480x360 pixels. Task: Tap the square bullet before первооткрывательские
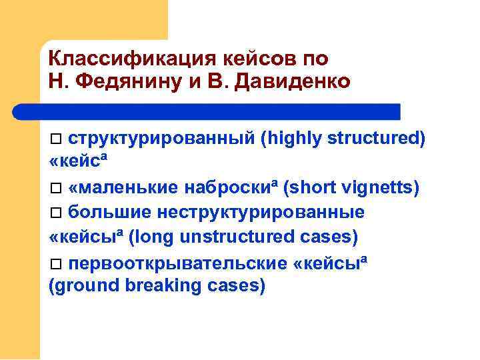click(57, 263)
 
